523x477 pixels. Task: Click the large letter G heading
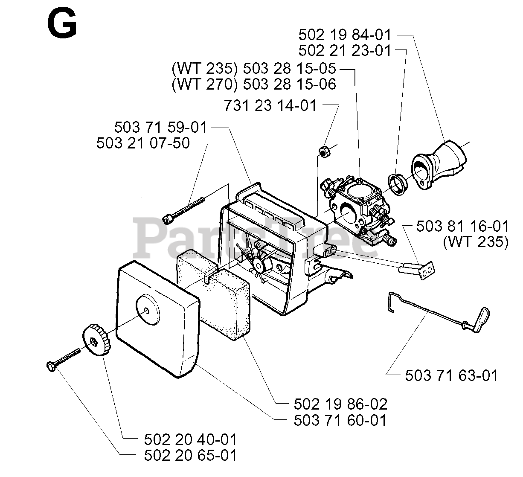(x=62, y=24)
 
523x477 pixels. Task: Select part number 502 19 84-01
(x=345, y=35)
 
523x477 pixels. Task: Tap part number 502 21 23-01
(x=345, y=50)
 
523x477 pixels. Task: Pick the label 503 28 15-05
(x=289, y=68)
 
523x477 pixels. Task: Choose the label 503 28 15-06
(x=289, y=84)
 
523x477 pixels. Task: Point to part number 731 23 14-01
(x=270, y=105)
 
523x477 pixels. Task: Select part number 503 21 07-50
(x=143, y=143)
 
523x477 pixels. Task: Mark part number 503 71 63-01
(x=451, y=375)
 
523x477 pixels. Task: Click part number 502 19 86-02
(x=340, y=404)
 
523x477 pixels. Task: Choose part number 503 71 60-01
(x=340, y=420)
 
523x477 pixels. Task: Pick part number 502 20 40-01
(x=190, y=439)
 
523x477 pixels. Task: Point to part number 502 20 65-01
(x=190, y=455)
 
